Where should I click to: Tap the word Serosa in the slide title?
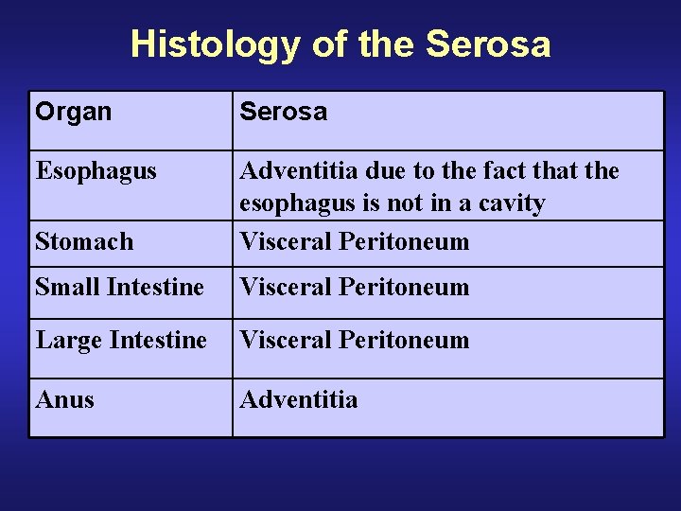point(488,44)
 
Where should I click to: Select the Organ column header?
point(73,112)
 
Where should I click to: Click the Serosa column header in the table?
point(283,112)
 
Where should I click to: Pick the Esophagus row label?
point(96,171)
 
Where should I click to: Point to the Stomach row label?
point(84,242)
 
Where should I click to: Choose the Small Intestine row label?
point(119,287)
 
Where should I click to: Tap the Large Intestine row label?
point(121,340)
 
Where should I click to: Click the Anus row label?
point(64,400)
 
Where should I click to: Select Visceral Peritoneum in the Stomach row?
point(354,242)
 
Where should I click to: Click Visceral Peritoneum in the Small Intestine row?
point(354,287)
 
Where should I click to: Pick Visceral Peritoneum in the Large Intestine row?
point(354,340)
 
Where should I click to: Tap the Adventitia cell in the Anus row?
point(299,400)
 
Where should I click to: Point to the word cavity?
point(512,204)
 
